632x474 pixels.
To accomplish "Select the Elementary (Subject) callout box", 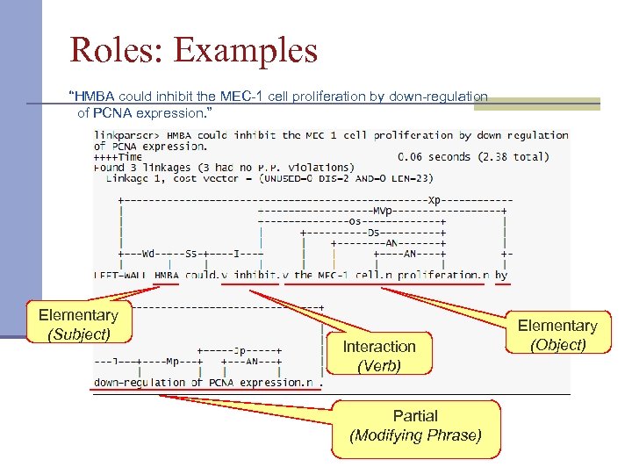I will pos(78,324).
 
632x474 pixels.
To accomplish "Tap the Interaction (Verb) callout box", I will pos(378,355).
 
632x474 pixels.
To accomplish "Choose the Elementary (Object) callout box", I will pos(557,335).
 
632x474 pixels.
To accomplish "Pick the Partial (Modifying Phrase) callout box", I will pos(415,426).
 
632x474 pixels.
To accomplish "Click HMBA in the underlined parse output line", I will pos(166,275).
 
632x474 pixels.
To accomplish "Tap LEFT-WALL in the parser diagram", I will pos(121,275).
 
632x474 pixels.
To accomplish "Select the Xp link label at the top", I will pos(434,199).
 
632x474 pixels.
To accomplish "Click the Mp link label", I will pos(173,361).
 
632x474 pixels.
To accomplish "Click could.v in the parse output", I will pos(207,275).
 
